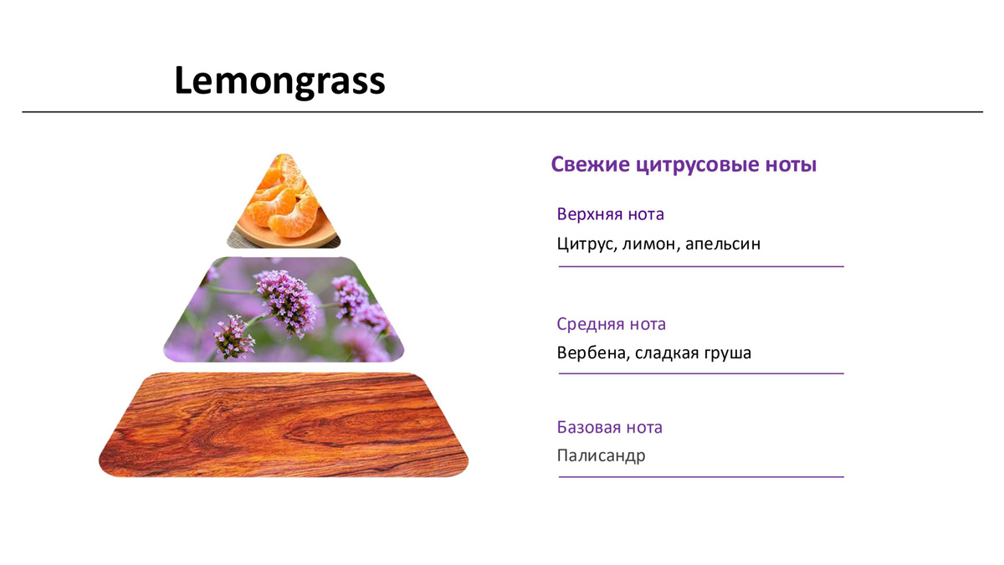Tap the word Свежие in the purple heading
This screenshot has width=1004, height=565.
[x=591, y=164]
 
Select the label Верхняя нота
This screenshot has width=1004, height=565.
[x=610, y=214]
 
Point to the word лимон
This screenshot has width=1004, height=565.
[x=651, y=244]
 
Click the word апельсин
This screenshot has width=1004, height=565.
[x=723, y=244]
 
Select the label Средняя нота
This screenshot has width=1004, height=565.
[x=611, y=324]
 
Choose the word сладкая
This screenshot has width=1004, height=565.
[x=667, y=353]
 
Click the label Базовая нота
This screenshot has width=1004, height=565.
[x=610, y=428]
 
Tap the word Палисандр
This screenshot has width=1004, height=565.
[x=601, y=456]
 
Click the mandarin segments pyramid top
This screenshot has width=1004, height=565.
[x=284, y=204]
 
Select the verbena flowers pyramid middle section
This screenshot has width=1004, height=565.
[x=284, y=310]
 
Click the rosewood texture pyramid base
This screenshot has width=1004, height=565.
[x=284, y=424]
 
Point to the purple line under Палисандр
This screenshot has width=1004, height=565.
[x=701, y=476]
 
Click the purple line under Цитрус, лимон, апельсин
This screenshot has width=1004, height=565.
[x=701, y=266]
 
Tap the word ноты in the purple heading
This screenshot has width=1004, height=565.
[x=791, y=165]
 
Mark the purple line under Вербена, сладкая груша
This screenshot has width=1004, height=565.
[x=701, y=373]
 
